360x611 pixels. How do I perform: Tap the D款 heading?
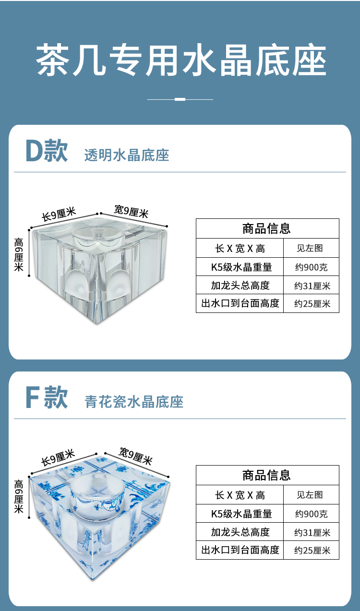click(x=47, y=151)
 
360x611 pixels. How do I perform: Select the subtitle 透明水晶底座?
click(x=127, y=155)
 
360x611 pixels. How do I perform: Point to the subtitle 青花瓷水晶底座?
click(x=134, y=402)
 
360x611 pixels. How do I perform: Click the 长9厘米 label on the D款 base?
click(x=59, y=215)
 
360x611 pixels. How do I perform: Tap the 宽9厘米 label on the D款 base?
click(x=131, y=211)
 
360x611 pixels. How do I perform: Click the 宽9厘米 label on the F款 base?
click(x=135, y=456)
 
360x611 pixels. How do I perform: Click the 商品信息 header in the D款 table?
click(x=267, y=228)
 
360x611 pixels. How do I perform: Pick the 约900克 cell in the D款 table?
click(x=311, y=267)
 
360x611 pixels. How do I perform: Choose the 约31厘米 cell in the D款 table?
click(x=312, y=286)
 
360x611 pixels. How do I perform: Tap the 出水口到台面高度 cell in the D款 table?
click(x=240, y=303)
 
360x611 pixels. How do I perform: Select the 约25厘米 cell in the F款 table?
click(x=312, y=550)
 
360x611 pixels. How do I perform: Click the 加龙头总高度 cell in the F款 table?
click(x=240, y=532)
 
